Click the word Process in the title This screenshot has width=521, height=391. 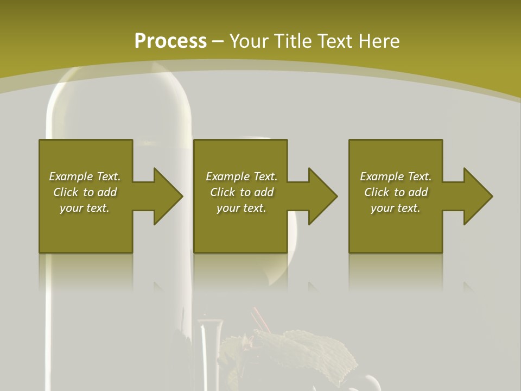click(170, 41)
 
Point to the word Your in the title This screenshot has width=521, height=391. click(249, 41)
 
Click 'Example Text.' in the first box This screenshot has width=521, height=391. click(85, 176)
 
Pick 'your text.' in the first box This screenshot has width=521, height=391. click(85, 208)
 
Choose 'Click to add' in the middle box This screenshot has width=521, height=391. click(242, 192)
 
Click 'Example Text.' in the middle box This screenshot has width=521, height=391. click(242, 176)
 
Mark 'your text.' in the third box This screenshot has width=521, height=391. click(396, 208)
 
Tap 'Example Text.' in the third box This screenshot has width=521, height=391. click(396, 176)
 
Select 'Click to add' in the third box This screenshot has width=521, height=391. click(396, 192)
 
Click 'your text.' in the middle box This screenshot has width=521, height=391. click(242, 208)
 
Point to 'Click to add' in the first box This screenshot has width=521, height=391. click(85, 192)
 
